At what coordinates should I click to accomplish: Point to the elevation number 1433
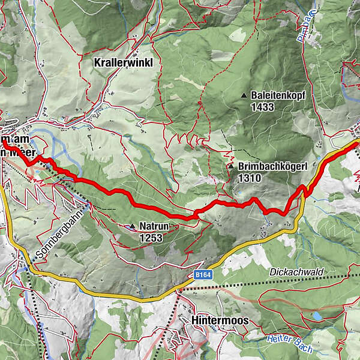[x=263, y=107]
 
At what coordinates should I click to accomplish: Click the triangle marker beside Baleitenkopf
[x=244, y=95]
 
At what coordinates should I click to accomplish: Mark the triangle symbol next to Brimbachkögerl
[x=230, y=166]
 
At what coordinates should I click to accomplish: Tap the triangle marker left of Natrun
[x=132, y=226]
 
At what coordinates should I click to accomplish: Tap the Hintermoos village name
[x=220, y=321]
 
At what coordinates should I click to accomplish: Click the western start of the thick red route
[x=4, y=142]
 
